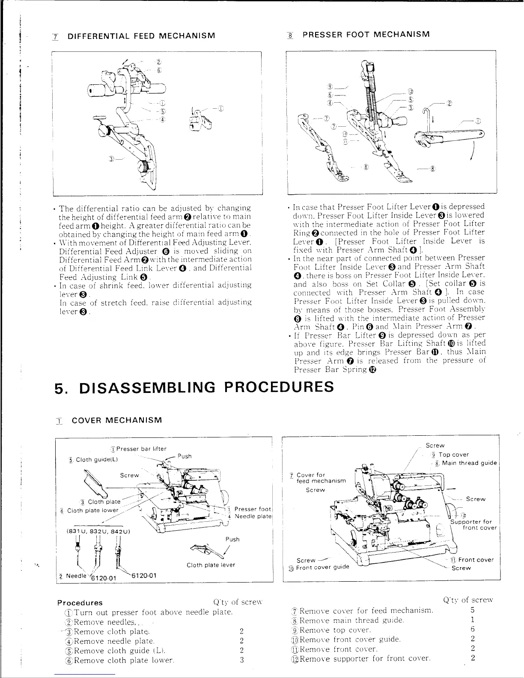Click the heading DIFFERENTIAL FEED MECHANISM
pyautogui.click(x=141, y=35)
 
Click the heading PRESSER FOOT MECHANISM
pyautogui.click(x=366, y=34)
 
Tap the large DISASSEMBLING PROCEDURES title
pyautogui.click(x=194, y=387)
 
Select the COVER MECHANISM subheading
pyautogui.click(x=117, y=420)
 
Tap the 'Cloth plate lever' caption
pyautogui.click(x=211, y=565)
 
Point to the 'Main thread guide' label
pyautogui.click(x=469, y=463)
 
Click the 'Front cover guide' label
pyautogui.click(x=322, y=568)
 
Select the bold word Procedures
pyautogui.click(x=80, y=603)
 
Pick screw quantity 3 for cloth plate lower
pyautogui.click(x=241, y=660)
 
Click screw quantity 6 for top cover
pyautogui.click(x=473, y=629)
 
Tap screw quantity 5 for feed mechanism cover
pyautogui.click(x=473, y=610)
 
